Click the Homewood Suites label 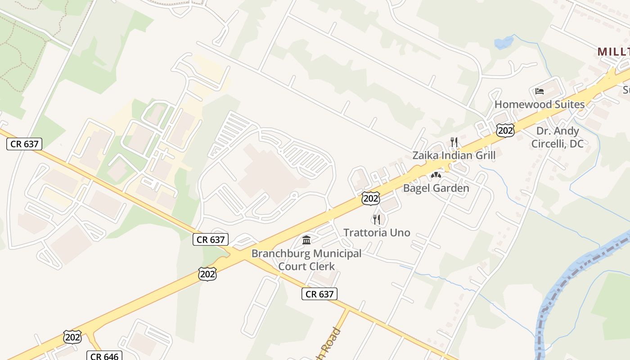coord(540,104)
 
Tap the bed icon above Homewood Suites coord(540,91)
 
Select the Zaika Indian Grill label coord(454,155)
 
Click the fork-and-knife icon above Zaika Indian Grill coord(454,142)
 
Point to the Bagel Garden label coord(436,188)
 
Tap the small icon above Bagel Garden coord(436,175)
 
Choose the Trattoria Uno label coord(377,232)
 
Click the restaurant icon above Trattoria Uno coord(377,219)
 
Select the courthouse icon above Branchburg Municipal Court coord(306,240)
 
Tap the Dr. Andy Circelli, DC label coord(557,137)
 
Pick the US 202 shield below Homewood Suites coord(505,130)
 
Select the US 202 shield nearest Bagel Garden coord(370,198)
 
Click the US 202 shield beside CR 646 coord(72,337)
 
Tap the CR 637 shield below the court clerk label coord(319,294)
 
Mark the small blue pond coord(504,43)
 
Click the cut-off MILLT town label coord(613,52)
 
